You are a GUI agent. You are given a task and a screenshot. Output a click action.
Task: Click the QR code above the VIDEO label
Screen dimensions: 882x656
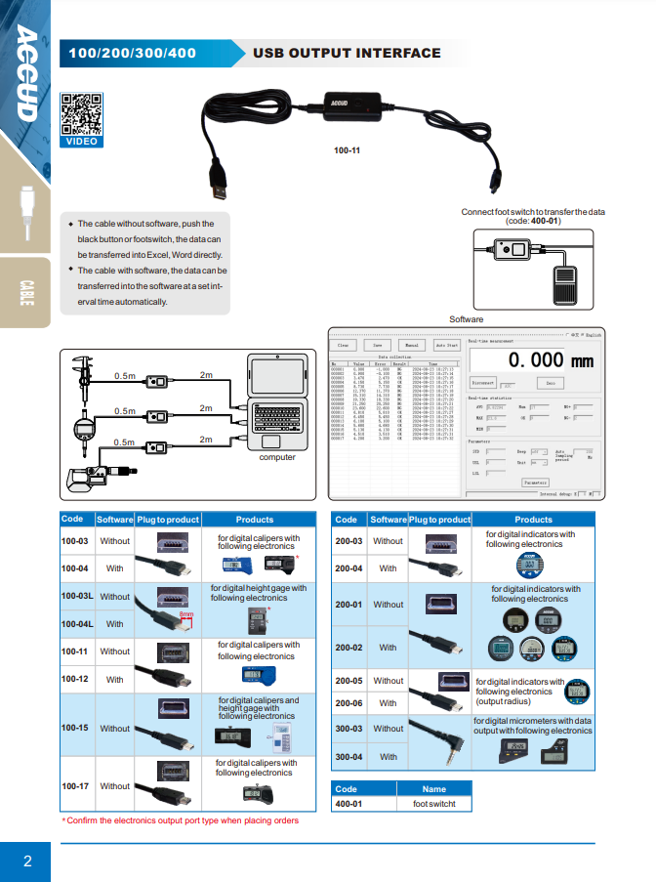point(80,113)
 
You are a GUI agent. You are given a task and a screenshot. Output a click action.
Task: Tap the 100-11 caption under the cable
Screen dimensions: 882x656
point(347,150)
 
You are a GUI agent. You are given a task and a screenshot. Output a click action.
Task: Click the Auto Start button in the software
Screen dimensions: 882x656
point(446,345)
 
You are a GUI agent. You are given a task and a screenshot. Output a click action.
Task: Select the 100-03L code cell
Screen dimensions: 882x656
point(77,596)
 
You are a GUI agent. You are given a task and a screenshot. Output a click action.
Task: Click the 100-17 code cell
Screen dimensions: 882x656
point(75,785)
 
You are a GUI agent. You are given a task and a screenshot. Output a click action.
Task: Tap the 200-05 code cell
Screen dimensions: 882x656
point(348,681)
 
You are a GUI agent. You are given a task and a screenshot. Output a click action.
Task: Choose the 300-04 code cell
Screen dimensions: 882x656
point(348,757)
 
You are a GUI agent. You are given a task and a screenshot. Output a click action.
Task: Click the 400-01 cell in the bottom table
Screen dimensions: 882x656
point(348,804)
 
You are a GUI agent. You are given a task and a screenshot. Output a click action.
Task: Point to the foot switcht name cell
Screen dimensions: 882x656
point(433,804)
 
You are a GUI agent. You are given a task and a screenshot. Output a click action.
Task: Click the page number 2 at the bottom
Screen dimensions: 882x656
point(27,861)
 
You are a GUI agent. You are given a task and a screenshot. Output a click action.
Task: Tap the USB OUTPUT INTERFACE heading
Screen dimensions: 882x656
point(347,53)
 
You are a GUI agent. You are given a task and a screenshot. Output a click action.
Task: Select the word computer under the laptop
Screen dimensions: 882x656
point(277,457)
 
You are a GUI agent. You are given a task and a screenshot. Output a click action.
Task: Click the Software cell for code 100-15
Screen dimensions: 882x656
point(114,728)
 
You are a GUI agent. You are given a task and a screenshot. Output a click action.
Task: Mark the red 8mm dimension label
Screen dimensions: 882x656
point(185,614)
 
